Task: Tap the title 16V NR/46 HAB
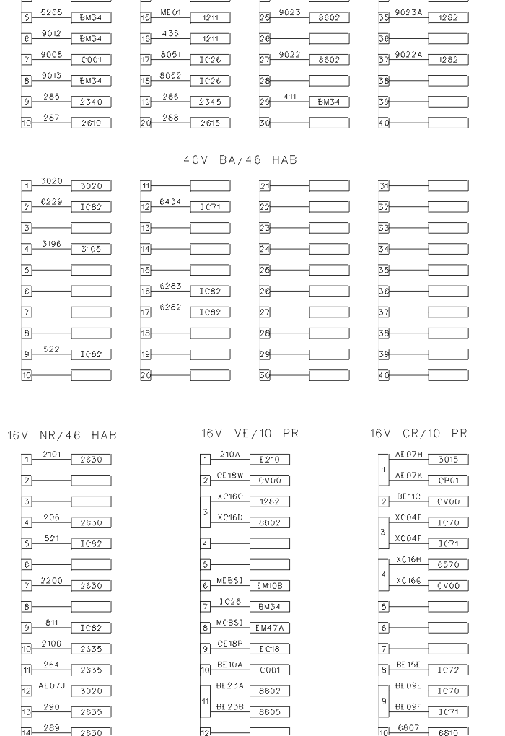[62, 435]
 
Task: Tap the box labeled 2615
[210, 124]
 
